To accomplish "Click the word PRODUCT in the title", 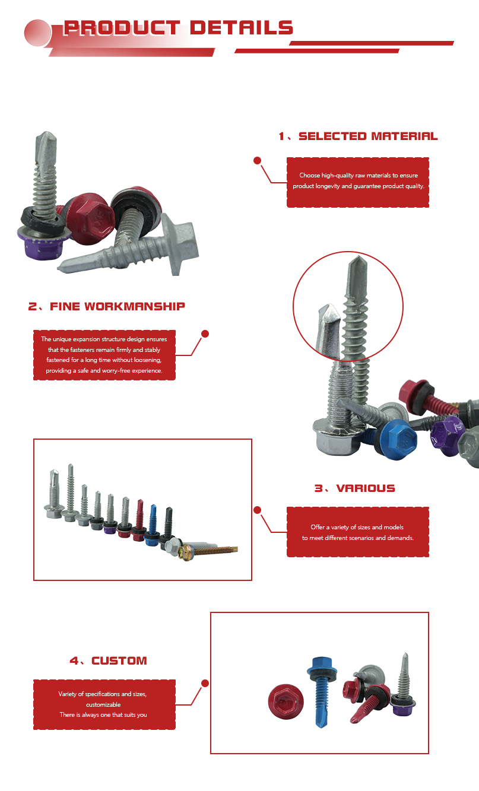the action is click(x=122, y=28).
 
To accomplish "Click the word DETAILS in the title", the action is click(x=242, y=28).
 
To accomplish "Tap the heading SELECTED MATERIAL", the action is click(x=368, y=136).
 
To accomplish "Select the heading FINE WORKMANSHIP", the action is click(x=118, y=307).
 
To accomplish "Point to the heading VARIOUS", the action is click(x=366, y=488).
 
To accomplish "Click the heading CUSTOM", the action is click(x=119, y=660).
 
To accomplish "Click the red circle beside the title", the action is click(x=37, y=33).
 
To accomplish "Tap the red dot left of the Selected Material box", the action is click(x=257, y=161).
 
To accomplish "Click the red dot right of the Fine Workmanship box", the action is click(x=205, y=333).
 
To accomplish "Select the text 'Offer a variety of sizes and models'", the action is click(x=357, y=527).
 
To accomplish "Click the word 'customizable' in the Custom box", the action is click(x=103, y=704).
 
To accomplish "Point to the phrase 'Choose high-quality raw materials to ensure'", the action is click(x=359, y=176).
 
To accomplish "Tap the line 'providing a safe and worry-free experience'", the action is click(x=104, y=371).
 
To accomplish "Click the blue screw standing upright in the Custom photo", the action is click(x=322, y=691).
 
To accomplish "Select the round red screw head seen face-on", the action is click(x=286, y=701).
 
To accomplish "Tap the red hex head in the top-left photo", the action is click(x=90, y=218).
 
